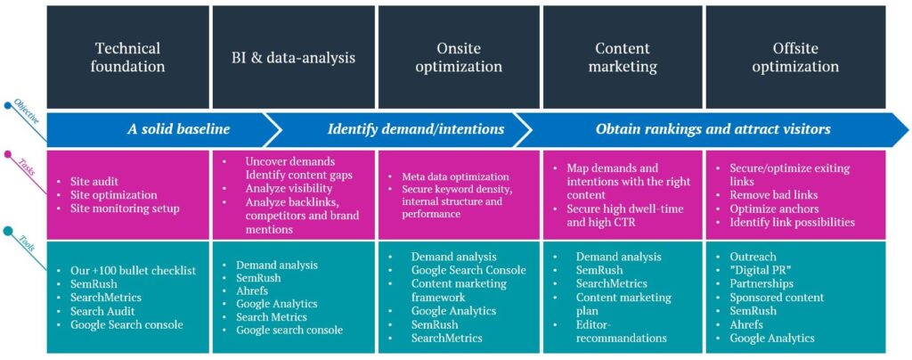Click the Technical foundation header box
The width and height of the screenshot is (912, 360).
[128, 57]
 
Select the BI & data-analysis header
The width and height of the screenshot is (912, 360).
[294, 57]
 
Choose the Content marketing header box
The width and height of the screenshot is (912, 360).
[623, 57]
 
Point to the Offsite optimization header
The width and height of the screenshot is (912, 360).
[795, 57]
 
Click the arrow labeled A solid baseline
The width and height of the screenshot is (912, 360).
[157, 130]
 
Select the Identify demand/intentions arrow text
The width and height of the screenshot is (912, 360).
[416, 129]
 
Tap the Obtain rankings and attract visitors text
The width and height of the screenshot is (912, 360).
[713, 129]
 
